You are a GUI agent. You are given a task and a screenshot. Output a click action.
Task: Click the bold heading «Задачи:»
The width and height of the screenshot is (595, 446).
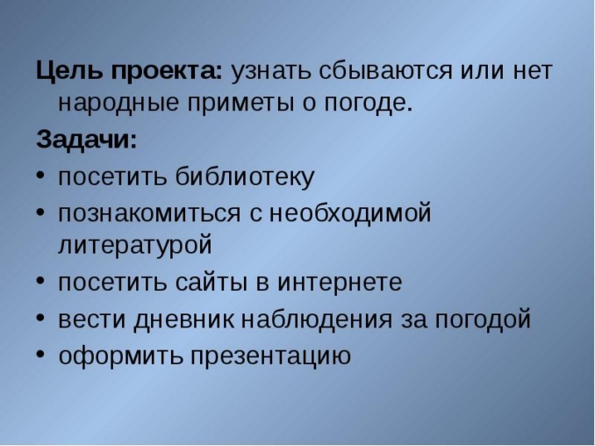pyautogui.click(x=87, y=140)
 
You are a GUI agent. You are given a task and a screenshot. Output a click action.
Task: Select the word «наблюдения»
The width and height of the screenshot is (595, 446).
pyautogui.click(x=308, y=319)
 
